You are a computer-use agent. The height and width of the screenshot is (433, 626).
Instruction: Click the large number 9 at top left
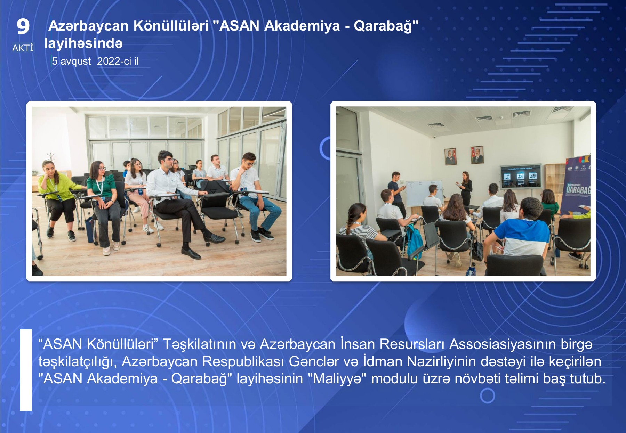tap(23, 26)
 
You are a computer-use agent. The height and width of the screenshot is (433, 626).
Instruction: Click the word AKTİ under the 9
tap(23, 48)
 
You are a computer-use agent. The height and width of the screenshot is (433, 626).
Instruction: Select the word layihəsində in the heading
tap(83, 43)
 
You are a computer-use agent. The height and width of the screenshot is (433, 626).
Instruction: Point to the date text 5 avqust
tap(71, 61)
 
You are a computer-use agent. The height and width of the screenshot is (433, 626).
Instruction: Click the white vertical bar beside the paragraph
tap(26, 370)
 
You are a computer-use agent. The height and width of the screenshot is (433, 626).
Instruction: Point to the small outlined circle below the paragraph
tap(487, 395)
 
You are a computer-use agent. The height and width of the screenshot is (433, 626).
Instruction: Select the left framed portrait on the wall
tap(451, 156)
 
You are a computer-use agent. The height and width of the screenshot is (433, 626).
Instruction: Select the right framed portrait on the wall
tap(477, 155)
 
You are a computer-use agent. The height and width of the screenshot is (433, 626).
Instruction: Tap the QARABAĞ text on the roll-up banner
tap(578, 190)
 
